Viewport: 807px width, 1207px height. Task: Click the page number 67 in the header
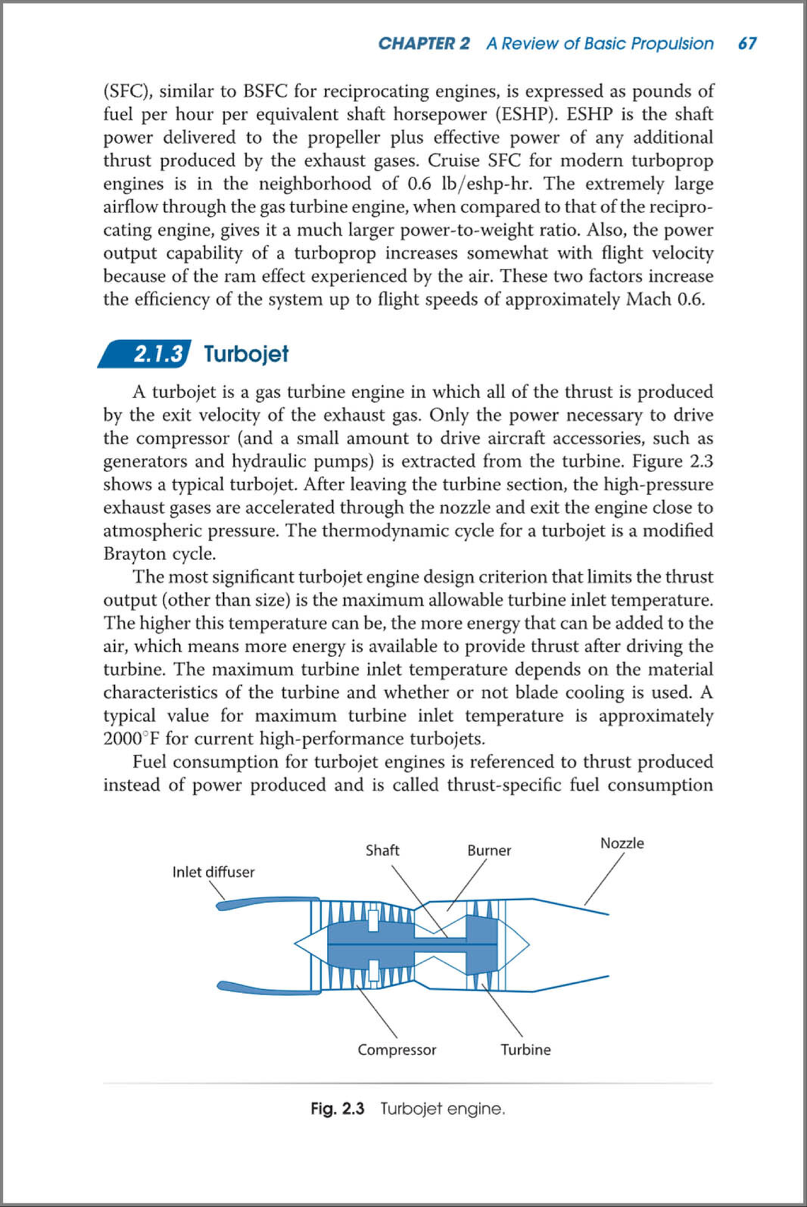(747, 44)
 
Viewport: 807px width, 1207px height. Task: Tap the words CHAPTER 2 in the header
(424, 44)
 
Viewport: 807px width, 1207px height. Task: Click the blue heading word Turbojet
(246, 354)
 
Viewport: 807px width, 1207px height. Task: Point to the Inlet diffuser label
(213, 872)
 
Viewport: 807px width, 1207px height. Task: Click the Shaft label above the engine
(382, 851)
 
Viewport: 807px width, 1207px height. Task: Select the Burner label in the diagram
(489, 851)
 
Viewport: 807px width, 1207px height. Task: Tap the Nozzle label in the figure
(621, 843)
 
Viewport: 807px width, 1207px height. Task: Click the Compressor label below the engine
(397, 1050)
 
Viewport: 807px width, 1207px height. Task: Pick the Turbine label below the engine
(525, 1050)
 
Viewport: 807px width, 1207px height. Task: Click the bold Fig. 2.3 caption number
(338, 1109)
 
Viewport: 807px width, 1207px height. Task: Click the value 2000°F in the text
(132, 739)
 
